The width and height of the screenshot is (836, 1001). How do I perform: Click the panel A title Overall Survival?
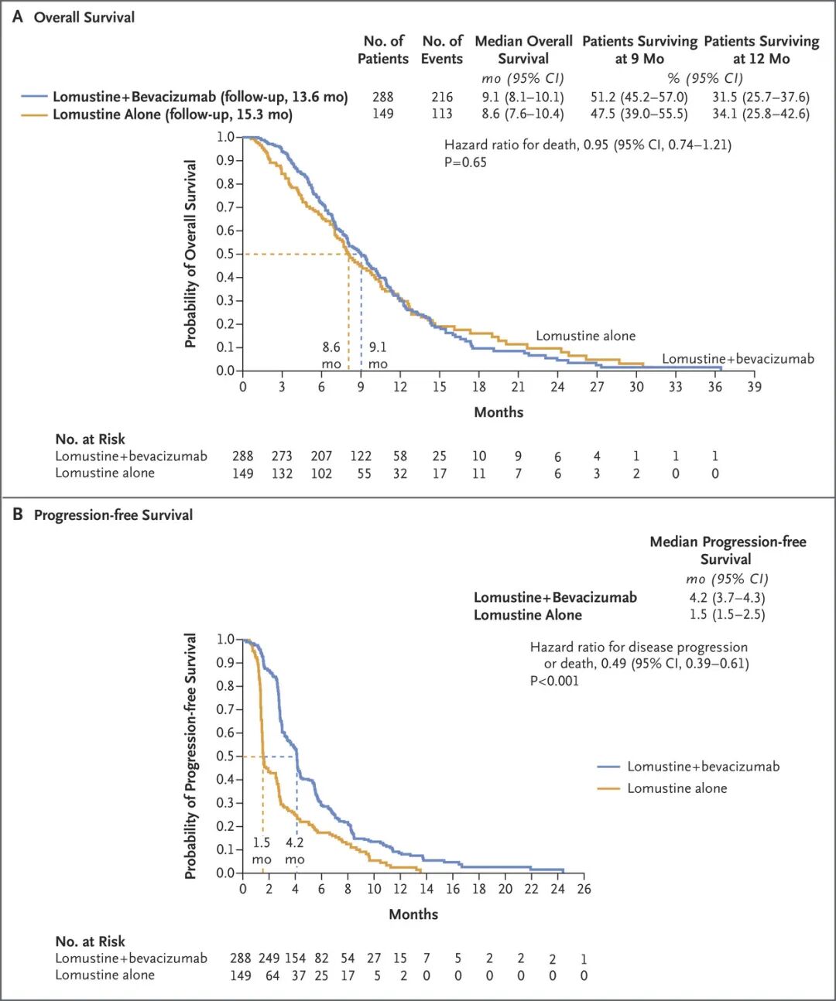tap(84, 18)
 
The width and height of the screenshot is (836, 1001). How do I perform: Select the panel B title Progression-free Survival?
tap(113, 515)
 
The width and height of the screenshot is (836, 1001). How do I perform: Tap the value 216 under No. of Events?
tap(442, 97)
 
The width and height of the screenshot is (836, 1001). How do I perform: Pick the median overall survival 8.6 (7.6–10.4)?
tap(522, 114)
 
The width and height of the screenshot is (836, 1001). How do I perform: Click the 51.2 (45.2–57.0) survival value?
tap(639, 97)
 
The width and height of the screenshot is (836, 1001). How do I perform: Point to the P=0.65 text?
tap(465, 162)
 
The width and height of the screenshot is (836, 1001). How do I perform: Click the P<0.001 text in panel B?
tap(554, 681)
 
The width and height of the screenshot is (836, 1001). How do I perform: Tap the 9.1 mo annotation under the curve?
tap(378, 355)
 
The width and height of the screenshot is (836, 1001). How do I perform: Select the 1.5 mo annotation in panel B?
tap(262, 850)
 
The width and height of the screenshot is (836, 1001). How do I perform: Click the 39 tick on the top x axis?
tap(754, 387)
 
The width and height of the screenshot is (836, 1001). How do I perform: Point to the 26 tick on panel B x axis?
tap(584, 890)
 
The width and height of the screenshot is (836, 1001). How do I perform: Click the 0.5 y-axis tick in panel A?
tap(225, 254)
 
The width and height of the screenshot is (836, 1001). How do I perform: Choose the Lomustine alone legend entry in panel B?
tap(662, 788)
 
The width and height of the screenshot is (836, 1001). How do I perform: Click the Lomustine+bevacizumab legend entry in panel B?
tap(688, 767)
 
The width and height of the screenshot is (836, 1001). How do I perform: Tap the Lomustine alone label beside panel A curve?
tap(586, 336)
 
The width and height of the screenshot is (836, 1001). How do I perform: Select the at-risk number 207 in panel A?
tap(321, 456)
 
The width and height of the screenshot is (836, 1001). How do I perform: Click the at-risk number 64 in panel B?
tap(272, 975)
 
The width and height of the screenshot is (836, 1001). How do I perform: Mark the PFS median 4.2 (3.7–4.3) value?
tap(727, 597)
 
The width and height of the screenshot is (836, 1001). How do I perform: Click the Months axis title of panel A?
tap(499, 412)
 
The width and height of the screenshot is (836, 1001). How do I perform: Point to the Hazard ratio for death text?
tap(588, 145)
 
